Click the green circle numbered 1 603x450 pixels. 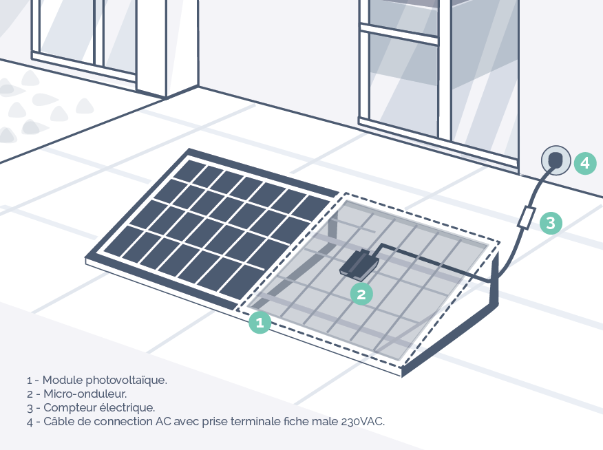click(x=260, y=322)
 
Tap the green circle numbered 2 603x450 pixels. click(x=361, y=294)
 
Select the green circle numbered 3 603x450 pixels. click(x=551, y=223)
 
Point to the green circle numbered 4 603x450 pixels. click(x=584, y=163)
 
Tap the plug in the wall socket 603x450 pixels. click(x=555, y=162)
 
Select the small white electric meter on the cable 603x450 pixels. click(x=527, y=218)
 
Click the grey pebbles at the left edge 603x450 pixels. click(x=28, y=103)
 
